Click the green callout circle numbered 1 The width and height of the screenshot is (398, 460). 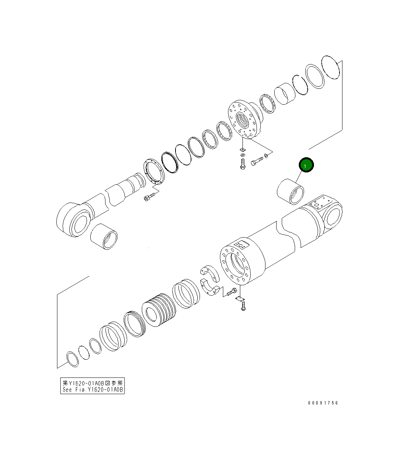point(306,165)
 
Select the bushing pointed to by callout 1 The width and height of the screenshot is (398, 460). point(290,192)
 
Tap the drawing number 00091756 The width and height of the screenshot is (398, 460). point(323,403)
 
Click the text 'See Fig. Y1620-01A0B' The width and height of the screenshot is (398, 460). point(93,390)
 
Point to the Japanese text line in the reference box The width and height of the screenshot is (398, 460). point(93,383)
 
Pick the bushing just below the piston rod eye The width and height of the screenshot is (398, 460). point(104,236)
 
